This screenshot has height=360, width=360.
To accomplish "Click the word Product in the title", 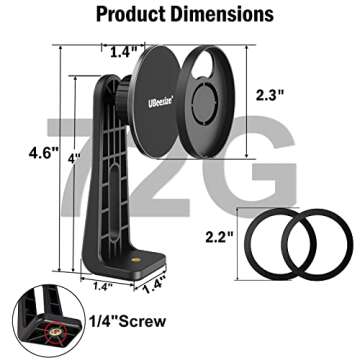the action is [131, 15].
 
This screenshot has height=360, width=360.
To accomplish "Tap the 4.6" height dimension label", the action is [43, 153].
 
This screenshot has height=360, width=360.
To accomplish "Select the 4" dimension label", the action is [74, 159].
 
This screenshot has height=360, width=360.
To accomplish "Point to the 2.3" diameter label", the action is [269, 96].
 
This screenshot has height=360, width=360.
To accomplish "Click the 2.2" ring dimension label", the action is [219, 237].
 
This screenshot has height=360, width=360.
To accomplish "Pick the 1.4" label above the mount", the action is [124, 52].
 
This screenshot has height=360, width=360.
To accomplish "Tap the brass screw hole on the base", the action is [135, 260].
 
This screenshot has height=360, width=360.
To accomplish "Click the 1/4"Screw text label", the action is [127, 321].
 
